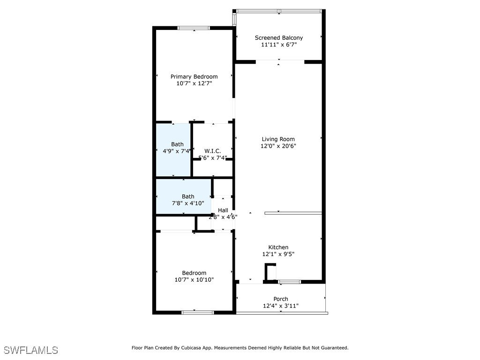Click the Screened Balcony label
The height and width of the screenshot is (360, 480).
point(278,38)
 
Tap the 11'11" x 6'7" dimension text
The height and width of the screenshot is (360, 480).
point(278,45)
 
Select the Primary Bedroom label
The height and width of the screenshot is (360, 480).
point(194,77)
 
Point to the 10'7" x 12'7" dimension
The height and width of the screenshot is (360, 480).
point(194,84)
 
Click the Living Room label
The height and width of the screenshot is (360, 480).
point(278,139)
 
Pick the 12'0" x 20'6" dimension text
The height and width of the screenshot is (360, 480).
point(278,146)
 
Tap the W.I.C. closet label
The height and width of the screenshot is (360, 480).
point(212,151)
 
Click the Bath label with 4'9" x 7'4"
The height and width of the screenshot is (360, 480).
point(177,144)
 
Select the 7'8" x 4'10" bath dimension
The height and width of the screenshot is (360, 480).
point(188,203)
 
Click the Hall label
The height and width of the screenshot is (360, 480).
point(223,210)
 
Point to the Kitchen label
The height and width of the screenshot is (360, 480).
point(278,247)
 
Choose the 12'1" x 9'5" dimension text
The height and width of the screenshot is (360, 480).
point(278,255)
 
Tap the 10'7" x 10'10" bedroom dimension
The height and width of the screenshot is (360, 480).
point(194,280)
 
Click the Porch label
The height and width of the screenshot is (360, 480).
point(281,299)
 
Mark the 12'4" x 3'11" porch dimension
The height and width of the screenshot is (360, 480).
point(281,306)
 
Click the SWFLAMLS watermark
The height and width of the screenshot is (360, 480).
point(31,350)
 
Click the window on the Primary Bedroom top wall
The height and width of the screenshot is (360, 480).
point(194,28)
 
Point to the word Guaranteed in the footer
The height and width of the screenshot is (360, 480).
point(333,348)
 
